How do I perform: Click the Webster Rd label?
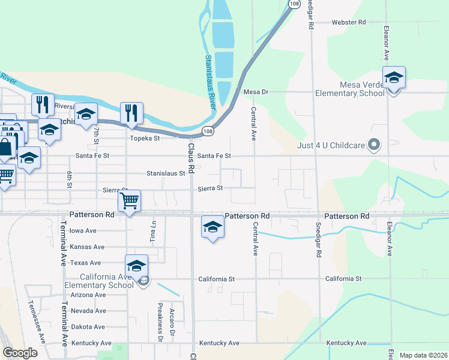point(349,22)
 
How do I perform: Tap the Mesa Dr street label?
point(255,92)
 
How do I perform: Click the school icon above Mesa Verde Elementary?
point(394,78)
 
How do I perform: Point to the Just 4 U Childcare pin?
point(374,145)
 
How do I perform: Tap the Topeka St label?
point(145,138)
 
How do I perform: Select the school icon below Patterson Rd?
point(212,227)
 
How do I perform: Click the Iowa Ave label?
point(83,230)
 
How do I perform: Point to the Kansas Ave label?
point(87,247)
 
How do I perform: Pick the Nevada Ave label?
point(88,311)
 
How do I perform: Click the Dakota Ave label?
point(88,327)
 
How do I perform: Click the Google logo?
point(20,353)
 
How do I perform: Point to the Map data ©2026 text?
point(423,355)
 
